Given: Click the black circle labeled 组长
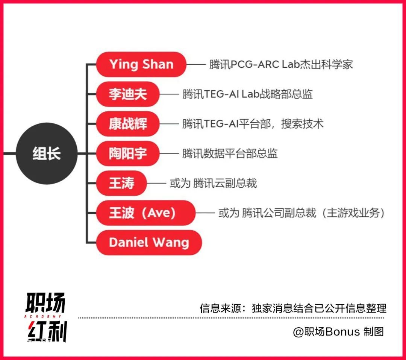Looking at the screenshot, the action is tap(47, 153).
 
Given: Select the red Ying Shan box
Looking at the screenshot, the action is tap(141, 64).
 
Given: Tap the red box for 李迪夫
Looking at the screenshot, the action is tap(128, 94).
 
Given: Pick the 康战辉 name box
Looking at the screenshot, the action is tap(128, 124).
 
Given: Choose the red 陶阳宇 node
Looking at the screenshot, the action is tap(128, 153).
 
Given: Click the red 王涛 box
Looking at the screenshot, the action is tap(121, 183).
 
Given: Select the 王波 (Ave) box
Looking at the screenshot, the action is tap(146, 213).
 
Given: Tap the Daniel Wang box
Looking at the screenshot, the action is tap(149, 243).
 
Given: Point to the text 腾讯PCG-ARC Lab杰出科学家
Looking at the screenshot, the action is tap(281, 64).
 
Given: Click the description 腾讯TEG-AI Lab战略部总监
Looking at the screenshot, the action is tap(247, 94).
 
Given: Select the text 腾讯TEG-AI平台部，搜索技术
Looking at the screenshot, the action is tap(253, 124).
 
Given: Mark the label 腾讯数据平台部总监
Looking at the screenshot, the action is tap(230, 153).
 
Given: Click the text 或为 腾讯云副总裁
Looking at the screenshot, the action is tap(214, 183).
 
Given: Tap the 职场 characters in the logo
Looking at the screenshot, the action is tap(45, 303).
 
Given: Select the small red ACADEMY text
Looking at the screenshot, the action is tap(43, 316).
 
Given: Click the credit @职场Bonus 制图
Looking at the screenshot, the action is tap(338, 332).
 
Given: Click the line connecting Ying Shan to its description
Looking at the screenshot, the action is tap(196, 64).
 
